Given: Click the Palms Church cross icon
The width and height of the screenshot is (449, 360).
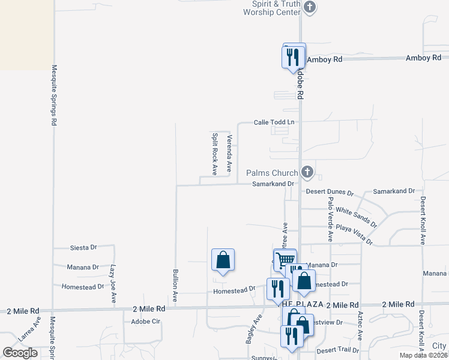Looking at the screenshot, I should [x=307, y=173].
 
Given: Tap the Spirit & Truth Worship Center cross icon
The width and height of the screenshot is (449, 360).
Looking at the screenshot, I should [x=310, y=7].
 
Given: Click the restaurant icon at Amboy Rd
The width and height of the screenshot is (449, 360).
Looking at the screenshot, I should [x=293, y=58].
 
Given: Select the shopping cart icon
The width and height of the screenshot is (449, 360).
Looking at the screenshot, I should [x=286, y=259].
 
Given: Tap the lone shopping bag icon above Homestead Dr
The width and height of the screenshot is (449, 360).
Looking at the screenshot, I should [x=223, y=260].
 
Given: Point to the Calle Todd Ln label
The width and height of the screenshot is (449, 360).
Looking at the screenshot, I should [x=274, y=122].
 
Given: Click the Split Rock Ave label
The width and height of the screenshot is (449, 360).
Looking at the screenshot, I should [x=214, y=154].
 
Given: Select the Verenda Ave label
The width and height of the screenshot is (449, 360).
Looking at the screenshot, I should [x=229, y=154].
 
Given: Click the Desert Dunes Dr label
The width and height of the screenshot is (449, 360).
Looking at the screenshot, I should [x=330, y=192].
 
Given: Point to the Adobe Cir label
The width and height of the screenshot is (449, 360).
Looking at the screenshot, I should [x=146, y=322].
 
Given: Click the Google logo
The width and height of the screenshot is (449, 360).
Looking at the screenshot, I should [x=20, y=353].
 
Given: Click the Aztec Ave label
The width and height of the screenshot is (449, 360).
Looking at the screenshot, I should [x=361, y=322].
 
